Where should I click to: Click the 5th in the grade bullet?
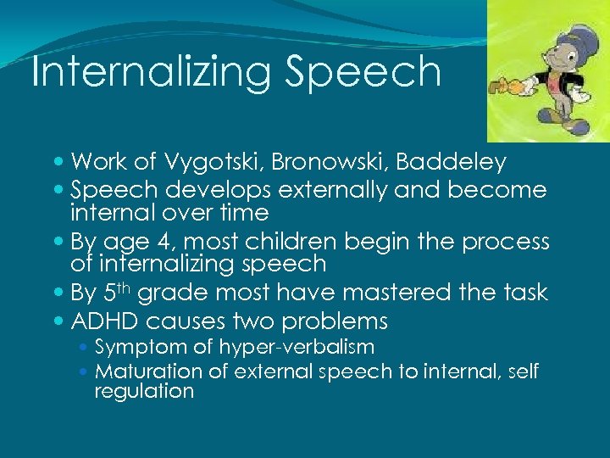pos(113,293)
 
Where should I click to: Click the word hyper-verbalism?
pos(297,347)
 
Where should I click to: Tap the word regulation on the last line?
pos(144,391)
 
